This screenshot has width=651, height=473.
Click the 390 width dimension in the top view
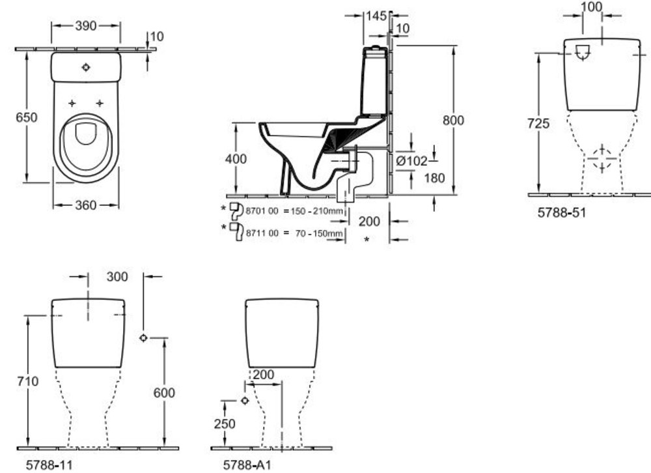(x=85, y=25)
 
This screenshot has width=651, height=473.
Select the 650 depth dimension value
(x=27, y=117)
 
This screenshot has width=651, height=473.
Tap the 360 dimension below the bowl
(x=85, y=205)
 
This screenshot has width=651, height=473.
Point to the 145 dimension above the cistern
(x=377, y=15)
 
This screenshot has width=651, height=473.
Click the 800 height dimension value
(x=453, y=121)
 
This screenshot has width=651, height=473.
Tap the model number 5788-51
(x=561, y=212)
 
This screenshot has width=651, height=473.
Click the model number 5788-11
(x=48, y=466)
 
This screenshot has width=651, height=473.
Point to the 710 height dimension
(x=27, y=381)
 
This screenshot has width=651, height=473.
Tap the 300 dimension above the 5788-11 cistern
(x=117, y=276)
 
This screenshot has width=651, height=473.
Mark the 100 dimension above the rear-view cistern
(x=592, y=7)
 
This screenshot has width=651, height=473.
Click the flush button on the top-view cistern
(x=86, y=67)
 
